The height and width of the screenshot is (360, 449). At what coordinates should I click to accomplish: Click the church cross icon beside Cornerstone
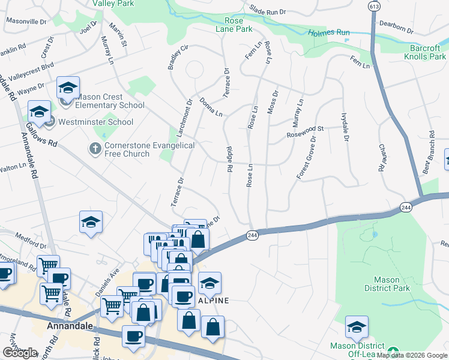point(95,148)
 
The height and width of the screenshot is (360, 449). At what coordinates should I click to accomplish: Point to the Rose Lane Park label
point(234,23)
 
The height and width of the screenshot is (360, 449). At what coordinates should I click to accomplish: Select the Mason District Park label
point(387,284)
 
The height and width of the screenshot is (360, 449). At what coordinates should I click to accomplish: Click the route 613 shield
point(375,7)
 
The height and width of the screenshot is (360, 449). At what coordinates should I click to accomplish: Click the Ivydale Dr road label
point(345,127)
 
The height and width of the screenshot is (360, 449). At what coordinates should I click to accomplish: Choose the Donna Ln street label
point(211,107)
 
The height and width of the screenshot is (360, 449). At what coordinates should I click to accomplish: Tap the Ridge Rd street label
point(229,160)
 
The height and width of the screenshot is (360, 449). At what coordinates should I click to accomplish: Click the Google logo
point(20,353)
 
